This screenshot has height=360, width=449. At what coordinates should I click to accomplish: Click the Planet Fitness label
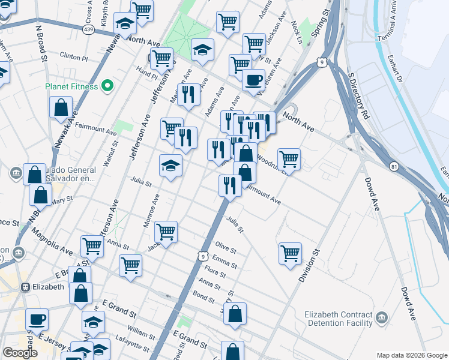tap(71, 86)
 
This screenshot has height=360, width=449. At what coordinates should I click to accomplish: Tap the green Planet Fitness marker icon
tap(108, 86)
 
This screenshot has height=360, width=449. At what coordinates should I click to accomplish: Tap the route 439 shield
tap(89, 28)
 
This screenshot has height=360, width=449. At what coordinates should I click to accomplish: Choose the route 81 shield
tap(394, 166)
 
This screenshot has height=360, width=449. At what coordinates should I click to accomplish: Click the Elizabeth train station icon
tap(25, 287)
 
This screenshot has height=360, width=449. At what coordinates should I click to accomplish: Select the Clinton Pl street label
tap(74, 58)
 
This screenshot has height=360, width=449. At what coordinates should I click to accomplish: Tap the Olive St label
tap(226, 247)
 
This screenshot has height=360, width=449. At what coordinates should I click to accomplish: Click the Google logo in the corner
tap(20, 353)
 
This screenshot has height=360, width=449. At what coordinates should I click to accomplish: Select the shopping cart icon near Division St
tap(290, 253)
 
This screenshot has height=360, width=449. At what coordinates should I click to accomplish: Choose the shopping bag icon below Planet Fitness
tap(62, 108)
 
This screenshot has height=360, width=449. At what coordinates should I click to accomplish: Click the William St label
tap(141, 331)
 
